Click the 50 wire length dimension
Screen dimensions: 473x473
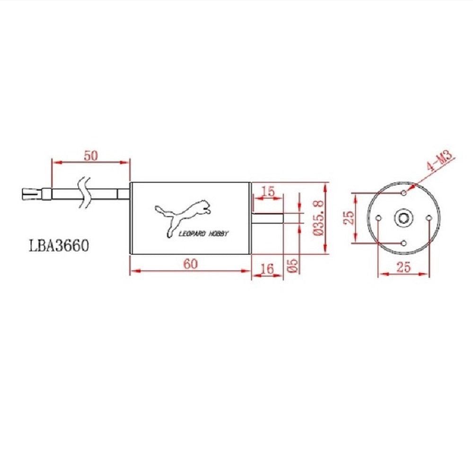(91, 156)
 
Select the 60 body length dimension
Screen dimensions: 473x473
(191, 264)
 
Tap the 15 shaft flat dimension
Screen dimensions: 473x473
(268, 191)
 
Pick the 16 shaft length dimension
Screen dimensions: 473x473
(267, 269)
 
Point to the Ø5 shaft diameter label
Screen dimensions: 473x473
(293, 265)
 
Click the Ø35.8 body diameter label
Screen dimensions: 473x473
(318, 218)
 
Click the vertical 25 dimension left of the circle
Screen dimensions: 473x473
(349, 218)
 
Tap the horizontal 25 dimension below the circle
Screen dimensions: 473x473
(403, 267)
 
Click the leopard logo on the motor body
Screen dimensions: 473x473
(184, 215)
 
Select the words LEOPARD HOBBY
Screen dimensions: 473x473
(203, 234)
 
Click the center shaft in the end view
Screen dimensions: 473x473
(403, 218)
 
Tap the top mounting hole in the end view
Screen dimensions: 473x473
(403, 193)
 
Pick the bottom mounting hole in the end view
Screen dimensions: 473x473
(403, 243)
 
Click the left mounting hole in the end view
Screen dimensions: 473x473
(378, 218)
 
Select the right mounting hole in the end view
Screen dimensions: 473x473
(429, 218)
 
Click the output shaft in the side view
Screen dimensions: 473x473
(267, 218)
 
